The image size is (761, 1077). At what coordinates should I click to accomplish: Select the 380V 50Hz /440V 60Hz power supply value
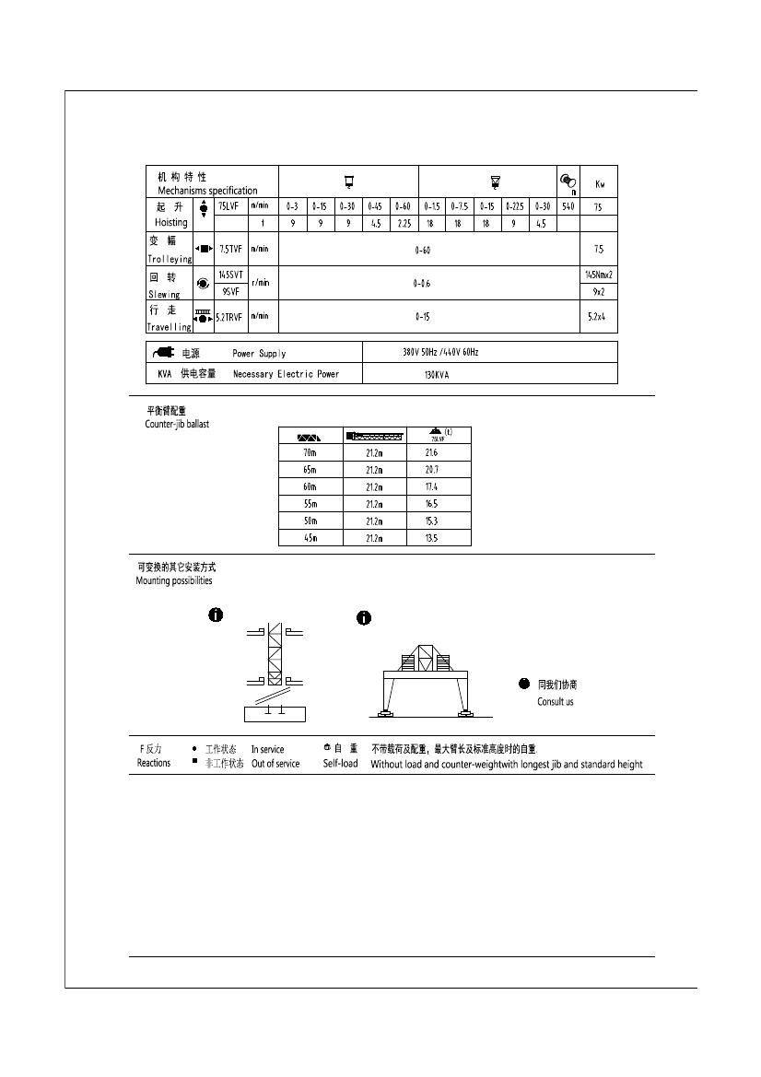coord(440,352)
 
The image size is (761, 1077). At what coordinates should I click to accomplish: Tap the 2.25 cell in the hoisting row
coord(404,223)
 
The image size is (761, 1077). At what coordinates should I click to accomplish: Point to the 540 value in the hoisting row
coord(568,206)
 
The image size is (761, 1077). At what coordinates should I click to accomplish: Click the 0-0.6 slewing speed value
coord(423,284)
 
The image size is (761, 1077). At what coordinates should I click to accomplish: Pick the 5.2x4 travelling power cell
coord(599,316)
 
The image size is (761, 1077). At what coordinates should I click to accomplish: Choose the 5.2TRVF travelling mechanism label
coord(228,316)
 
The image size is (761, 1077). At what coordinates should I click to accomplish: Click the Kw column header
coord(599,183)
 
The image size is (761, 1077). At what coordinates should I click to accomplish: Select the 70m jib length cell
coord(310,452)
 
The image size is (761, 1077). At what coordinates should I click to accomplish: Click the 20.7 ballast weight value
coord(431,469)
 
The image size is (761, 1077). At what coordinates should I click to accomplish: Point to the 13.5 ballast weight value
coord(431,537)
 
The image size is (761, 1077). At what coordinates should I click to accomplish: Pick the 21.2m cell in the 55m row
coord(374,504)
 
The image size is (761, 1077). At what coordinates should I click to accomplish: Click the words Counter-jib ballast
coord(177,425)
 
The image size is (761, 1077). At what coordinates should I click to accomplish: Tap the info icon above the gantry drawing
coord(364,618)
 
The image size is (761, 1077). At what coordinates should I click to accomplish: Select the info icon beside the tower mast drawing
coord(216,615)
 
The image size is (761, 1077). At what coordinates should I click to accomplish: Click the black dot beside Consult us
coord(524,684)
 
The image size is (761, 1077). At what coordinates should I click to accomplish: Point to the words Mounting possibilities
coord(174,581)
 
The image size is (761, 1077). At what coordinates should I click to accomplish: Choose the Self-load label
coord(340,764)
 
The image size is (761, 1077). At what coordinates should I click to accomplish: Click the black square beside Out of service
coord(194,763)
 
